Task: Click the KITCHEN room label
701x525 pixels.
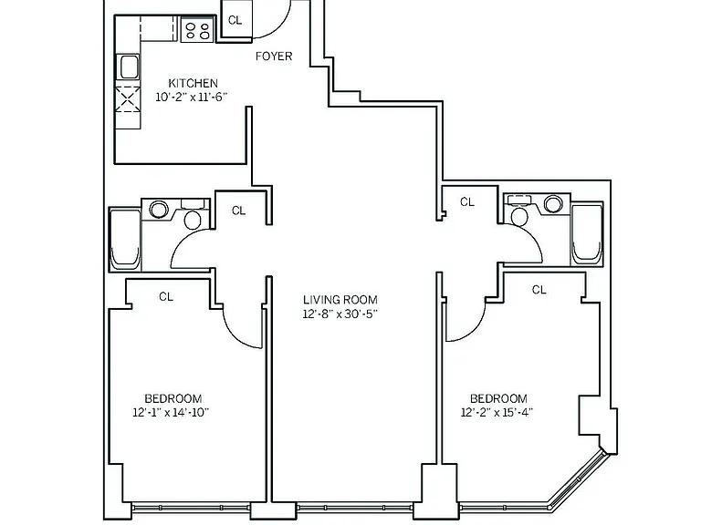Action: pyautogui.click(x=194, y=83)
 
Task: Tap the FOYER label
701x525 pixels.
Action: pyautogui.click(x=274, y=57)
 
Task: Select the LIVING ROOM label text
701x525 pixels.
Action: pyautogui.click(x=340, y=300)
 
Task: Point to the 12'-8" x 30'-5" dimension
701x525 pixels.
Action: pyautogui.click(x=340, y=314)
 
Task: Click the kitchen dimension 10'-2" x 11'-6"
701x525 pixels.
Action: pyautogui.click(x=192, y=97)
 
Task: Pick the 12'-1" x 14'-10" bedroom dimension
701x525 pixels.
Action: pyautogui.click(x=171, y=412)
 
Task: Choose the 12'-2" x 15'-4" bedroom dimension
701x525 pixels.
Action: pyautogui.click(x=497, y=412)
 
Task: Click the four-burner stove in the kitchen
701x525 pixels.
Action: pyautogui.click(x=198, y=29)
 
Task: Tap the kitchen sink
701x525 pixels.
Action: pyautogui.click(x=129, y=67)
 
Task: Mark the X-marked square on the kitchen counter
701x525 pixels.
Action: pyautogui.click(x=128, y=99)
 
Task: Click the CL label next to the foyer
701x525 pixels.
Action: pyautogui.click(x=235, y=20)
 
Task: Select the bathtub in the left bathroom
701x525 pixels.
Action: pyautogui.click(x=125, y=240)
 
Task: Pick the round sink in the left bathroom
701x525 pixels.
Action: pyautogui.click(x=159, y=209)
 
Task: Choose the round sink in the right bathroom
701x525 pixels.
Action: pyautogui.click(x=553, y=204)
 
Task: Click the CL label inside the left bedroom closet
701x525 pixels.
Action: pyautogui.click(x=166, y=296)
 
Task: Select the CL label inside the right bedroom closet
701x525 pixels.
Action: pyautogui.click(x=539, y=290)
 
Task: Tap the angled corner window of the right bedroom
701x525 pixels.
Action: pyautogui.click(x=578, y=480)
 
